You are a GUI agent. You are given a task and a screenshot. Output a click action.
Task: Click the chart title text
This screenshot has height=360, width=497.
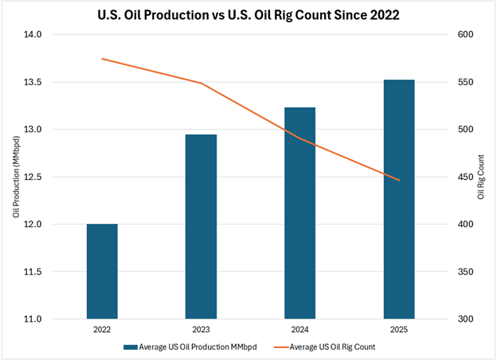pyautogui.click(x=248, y=14)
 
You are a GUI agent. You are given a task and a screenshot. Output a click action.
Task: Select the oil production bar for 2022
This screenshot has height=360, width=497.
pyautogui.click(x=102, y=271)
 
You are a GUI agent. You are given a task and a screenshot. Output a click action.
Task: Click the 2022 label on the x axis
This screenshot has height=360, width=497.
pyautogui.click(x=102, y=330)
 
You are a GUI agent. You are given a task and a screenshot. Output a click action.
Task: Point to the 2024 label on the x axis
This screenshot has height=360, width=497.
pyautogui.click(x=300, y=330)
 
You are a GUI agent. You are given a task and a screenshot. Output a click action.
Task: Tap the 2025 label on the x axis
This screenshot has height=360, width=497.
pyautogui.click(x=399, y=330)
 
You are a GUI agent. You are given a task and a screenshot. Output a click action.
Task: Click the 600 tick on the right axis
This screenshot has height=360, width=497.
pyautogui.click(x=464, y=35)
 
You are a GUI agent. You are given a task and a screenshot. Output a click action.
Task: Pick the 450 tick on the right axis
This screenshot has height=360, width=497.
pyautogui.click(x=464, y=177)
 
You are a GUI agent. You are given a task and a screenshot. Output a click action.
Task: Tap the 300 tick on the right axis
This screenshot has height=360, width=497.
pyautogui.click(x=464, y=319)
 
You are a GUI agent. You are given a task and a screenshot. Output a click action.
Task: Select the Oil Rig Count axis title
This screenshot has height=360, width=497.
pyautogui.click(x=481, y=177)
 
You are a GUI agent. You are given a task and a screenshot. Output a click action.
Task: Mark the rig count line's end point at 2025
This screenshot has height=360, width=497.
pyautogui.click(x=399, y=181)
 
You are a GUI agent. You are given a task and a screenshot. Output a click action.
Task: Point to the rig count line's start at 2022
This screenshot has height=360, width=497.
pyautogui.click(x=102, y=59)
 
